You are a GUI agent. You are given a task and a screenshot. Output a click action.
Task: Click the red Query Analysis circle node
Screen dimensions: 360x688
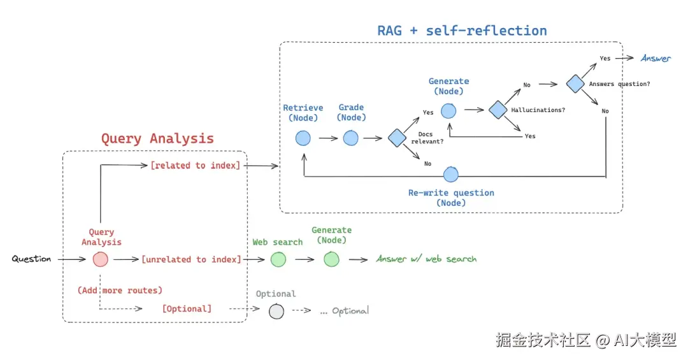tap(100, 259)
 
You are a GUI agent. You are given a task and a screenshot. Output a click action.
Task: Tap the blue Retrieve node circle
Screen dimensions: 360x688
tap(303, 138)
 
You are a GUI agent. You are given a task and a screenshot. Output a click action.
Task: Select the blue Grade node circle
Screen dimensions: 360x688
tap(351, 138)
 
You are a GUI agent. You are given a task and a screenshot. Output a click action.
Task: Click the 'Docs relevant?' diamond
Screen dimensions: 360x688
tap(397, 138)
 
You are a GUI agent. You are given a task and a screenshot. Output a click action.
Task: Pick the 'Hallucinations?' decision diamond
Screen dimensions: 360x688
tap(498, 110)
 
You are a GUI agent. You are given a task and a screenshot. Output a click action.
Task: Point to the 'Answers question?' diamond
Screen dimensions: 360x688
tap(575, 83)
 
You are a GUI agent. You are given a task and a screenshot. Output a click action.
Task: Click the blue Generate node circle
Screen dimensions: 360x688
tap(448, 110)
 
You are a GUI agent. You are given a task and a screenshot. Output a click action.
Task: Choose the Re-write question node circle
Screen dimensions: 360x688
tap(451, 174)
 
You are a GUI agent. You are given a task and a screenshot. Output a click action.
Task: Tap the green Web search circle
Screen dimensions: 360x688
tap(278, 259)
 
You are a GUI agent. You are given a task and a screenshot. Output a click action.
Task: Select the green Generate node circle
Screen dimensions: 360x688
tap(331, 259)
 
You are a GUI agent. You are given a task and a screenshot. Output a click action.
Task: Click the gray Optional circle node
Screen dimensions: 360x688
tap(276, 312)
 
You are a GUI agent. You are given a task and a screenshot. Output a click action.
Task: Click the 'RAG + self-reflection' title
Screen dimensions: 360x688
tap(462, 31)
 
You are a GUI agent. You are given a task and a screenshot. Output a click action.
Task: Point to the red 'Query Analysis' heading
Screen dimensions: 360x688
tap(157, 138)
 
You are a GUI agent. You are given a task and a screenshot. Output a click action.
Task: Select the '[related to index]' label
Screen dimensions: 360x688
tap(195, 166)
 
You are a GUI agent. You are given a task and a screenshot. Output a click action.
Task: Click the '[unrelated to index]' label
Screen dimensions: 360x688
tap(191, 259)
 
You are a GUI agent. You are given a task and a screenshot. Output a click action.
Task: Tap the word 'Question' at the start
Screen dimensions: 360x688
tap(31, 259)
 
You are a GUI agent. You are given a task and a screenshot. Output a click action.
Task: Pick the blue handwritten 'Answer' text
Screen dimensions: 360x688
tap(656, 59)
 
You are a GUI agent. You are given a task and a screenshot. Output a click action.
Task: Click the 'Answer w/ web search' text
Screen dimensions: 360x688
tap(426, 259)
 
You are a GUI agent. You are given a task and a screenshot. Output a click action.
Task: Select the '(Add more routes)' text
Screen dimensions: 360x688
tap(120, 291)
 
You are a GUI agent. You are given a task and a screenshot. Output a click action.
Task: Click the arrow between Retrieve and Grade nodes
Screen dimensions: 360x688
tap(327, 138)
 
